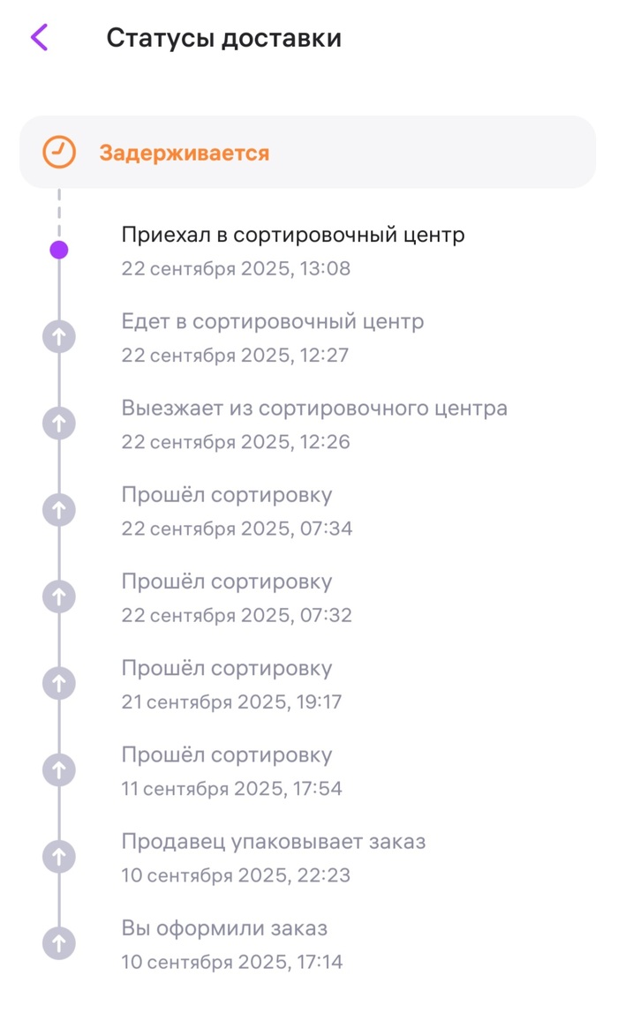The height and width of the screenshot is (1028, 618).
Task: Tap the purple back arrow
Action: [39, 38]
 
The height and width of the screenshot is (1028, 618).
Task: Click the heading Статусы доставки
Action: [223, 39]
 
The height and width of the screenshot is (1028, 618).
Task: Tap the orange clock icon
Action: [59, 152]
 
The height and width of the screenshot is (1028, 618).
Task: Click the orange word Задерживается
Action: [184, 153]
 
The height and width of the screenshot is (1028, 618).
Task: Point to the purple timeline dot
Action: [59, 250]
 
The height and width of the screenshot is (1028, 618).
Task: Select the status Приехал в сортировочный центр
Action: [292, 235]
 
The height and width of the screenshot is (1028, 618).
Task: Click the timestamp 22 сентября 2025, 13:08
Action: [236, 268]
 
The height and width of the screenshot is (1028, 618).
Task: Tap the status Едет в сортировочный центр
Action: [272, 321]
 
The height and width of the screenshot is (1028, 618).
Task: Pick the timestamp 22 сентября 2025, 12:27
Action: [235, 356]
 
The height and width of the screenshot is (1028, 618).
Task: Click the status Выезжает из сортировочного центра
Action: [314, 409]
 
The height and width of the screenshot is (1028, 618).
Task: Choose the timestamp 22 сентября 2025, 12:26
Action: [236, 442]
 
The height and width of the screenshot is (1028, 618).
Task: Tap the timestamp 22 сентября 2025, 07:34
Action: [237, 529]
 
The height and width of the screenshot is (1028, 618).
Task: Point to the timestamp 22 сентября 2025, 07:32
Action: [237, 615]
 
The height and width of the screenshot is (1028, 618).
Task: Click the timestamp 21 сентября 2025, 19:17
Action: [231, 702]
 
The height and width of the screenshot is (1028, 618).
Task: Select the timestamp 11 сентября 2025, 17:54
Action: [231, 789]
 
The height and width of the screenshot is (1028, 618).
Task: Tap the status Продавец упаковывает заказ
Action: [274, 842]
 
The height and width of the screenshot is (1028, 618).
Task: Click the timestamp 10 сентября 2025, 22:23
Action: [236, 875]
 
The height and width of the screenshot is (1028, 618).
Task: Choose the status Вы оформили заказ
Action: [224, 928]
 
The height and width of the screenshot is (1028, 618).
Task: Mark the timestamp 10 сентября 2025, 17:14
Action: [232, 962]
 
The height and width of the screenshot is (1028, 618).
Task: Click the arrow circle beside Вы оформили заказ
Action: [59, 943]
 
